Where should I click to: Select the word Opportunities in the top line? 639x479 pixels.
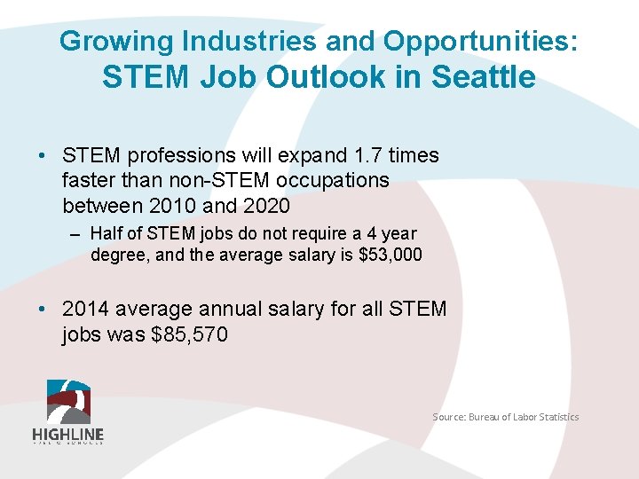click(480, 41)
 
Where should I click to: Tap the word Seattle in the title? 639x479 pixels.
click(484, 78)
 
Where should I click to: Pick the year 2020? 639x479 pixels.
click(258, 206)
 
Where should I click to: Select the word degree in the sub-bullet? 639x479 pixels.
click(118, 255)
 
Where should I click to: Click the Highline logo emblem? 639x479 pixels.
click(68, 401)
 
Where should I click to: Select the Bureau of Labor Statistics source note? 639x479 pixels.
click(505, 417)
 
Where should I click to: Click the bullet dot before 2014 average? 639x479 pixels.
click(43, 309)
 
